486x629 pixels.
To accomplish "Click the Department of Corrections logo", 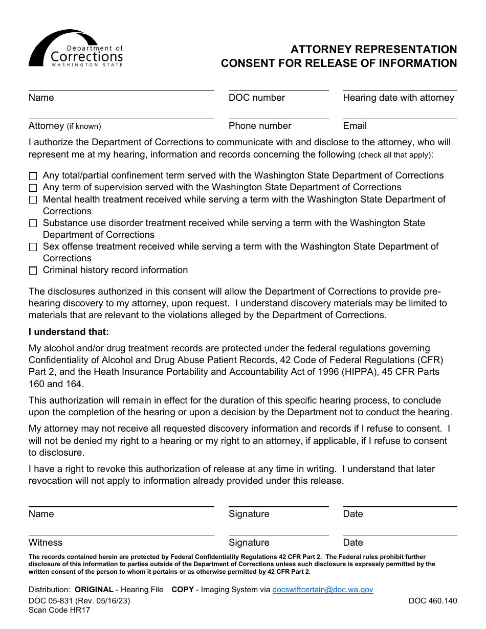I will click(76, 49).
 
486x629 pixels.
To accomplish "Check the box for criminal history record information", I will click(33, 271).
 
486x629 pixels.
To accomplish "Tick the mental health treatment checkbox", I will click(33, 200).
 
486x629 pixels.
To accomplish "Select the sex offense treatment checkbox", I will click(33, 247).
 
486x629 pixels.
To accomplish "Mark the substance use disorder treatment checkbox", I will click(33, 223).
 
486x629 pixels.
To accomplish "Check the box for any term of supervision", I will click(33, 188).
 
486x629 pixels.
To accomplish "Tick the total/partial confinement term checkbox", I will click(33, 176).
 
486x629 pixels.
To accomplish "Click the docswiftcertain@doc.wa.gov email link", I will click(322, 590).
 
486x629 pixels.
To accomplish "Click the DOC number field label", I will click(257, 98).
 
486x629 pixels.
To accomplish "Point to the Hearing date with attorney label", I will click(398, 98).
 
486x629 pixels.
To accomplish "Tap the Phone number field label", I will click(260, 126).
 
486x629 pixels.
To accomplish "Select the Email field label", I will click(355, 126).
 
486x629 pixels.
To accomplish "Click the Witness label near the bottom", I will click(46, 543).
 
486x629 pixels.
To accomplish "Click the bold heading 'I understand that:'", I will click(69, 332).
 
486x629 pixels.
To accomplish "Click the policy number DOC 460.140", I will click(432, 601).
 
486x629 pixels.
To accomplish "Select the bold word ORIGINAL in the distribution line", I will click(94, 590).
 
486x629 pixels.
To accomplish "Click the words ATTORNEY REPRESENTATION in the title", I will click(373, 50).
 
